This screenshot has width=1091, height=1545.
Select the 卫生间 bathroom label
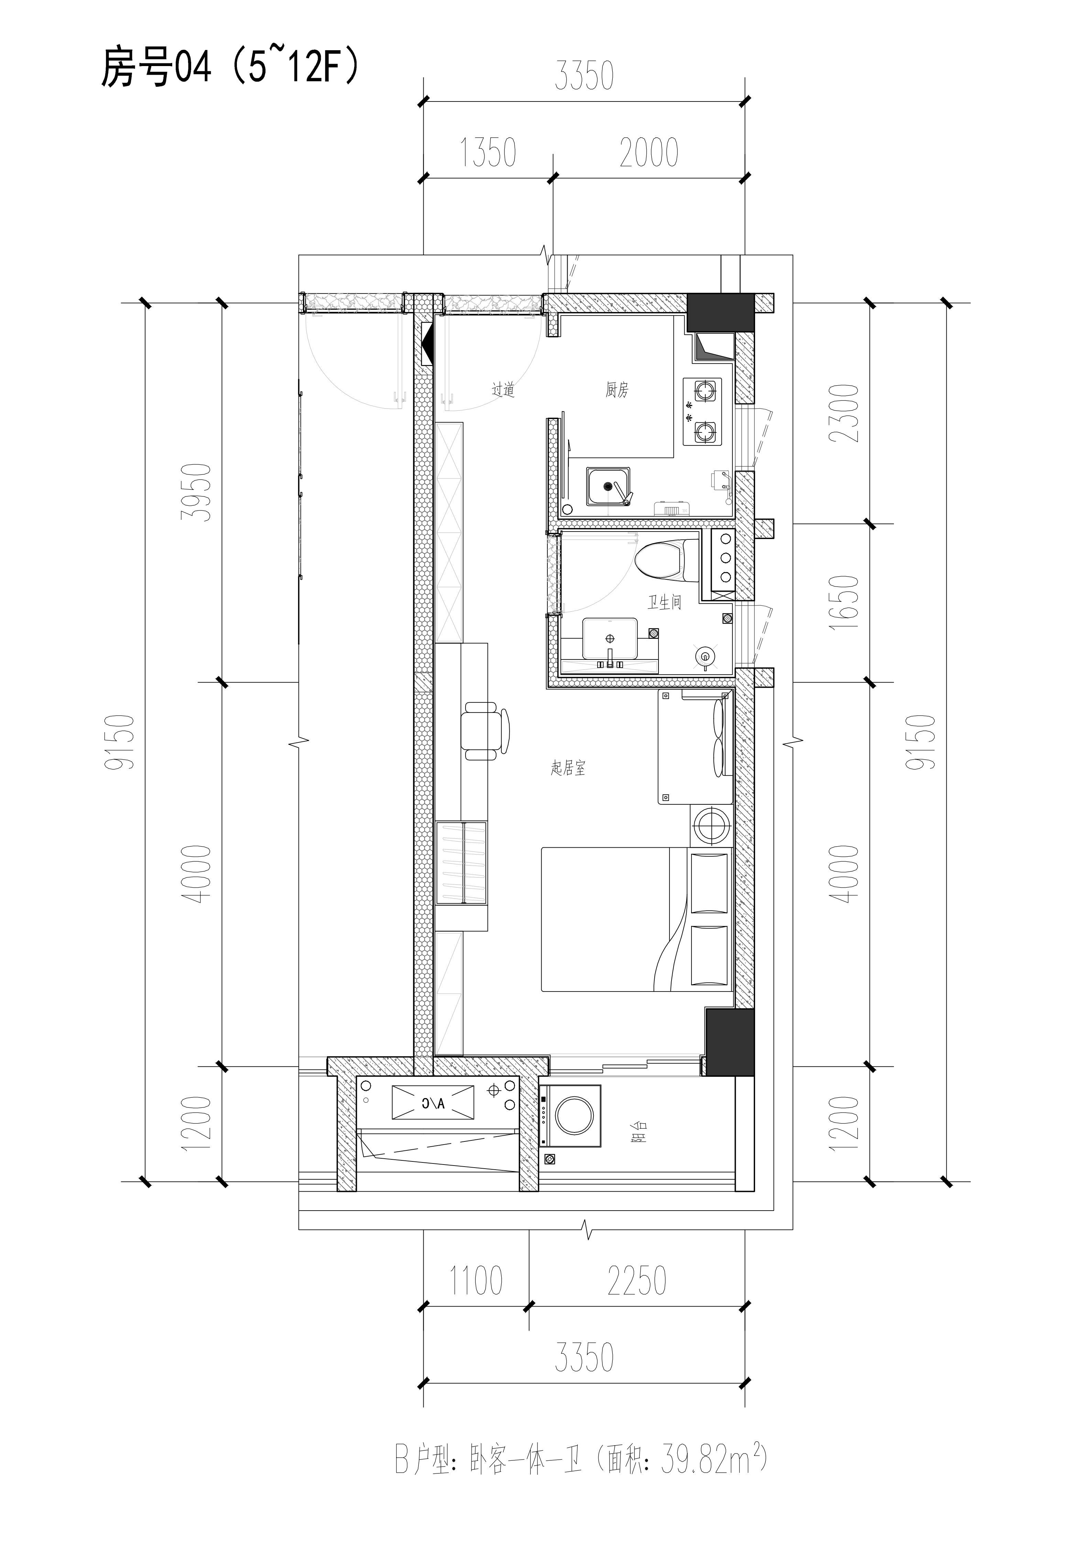click(665, 602)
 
